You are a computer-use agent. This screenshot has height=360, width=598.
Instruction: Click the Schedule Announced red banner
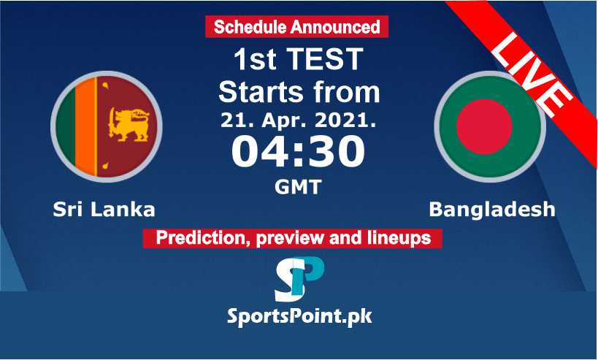click(x=296, y=27)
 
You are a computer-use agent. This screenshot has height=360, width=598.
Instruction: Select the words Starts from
click(x=299, y=92)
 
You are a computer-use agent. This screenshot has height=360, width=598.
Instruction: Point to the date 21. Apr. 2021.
click(x=299, y=120)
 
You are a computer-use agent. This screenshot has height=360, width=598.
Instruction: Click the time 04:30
click(x=298, y=152)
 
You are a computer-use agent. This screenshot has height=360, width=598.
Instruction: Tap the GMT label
click(x=298, y=187)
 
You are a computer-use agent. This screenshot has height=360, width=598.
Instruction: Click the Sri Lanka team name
click(x=104, y=210)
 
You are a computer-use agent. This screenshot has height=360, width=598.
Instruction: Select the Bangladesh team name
click(x=492, y=210)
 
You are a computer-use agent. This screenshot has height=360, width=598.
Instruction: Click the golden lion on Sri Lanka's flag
click(x=129, y=125)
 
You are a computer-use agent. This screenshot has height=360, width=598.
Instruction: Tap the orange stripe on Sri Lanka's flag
click(x=85, y=126)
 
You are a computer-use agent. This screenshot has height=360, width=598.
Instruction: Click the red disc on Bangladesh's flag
click(x=484, y=126)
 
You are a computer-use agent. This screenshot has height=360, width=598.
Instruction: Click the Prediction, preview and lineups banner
click(x=293, y=238)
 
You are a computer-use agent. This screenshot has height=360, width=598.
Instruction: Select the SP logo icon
click(x=299, y=279)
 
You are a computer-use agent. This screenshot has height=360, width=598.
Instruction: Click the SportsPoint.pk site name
click(x=299, y=316)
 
